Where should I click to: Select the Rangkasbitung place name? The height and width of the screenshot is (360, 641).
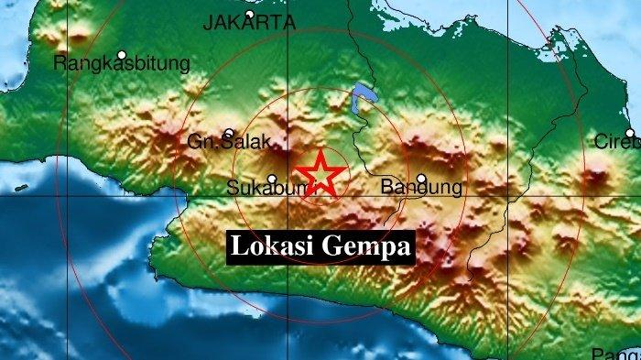122,64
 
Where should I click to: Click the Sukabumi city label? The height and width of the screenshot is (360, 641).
259,190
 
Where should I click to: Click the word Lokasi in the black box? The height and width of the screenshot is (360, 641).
272,246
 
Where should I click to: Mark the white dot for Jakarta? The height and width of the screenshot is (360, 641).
249,15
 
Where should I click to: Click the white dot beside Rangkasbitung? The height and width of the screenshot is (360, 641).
121,54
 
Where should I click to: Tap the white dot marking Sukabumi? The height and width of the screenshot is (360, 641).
272,179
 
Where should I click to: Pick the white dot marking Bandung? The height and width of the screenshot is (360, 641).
421,179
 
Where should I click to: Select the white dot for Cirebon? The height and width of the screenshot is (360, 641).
630,134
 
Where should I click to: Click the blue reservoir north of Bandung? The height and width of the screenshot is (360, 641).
363,95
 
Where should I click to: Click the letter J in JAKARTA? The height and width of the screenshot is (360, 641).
208,25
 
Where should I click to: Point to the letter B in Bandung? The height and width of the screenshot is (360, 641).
386,189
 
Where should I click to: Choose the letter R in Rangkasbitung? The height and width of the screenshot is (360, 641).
60,64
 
